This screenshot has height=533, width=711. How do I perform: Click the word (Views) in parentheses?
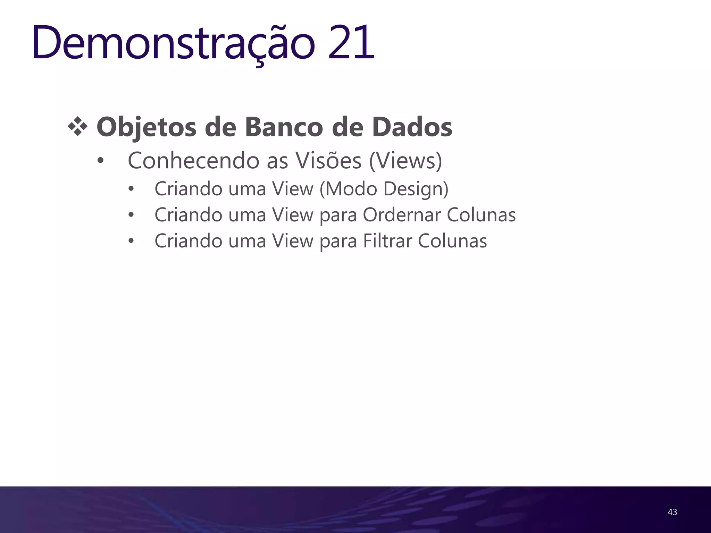(405, 161)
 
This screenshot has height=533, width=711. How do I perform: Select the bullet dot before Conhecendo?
(100, 161)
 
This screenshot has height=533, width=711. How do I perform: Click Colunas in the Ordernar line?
(481, 215)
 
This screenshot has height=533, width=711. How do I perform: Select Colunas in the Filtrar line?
(452, 241)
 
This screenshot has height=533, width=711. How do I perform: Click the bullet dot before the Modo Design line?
(131, 189)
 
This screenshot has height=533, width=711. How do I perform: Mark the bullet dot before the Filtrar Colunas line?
(131, 241)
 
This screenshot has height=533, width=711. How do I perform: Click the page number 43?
(672, 512)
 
